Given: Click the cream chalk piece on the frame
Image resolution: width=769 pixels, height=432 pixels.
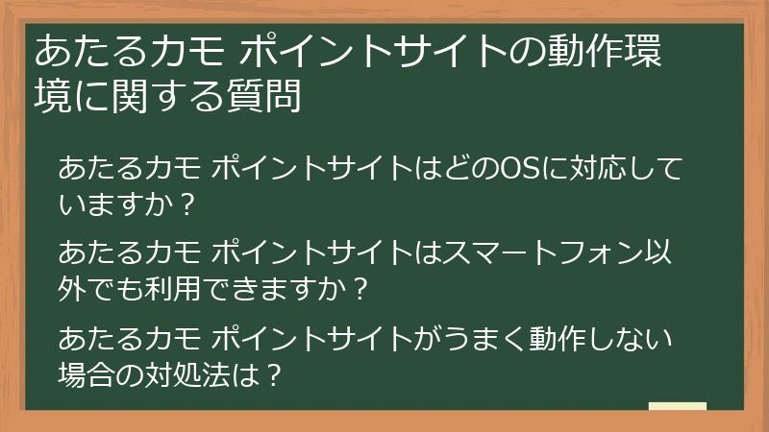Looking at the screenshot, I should pyautogui.click(x=678, y=407).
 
